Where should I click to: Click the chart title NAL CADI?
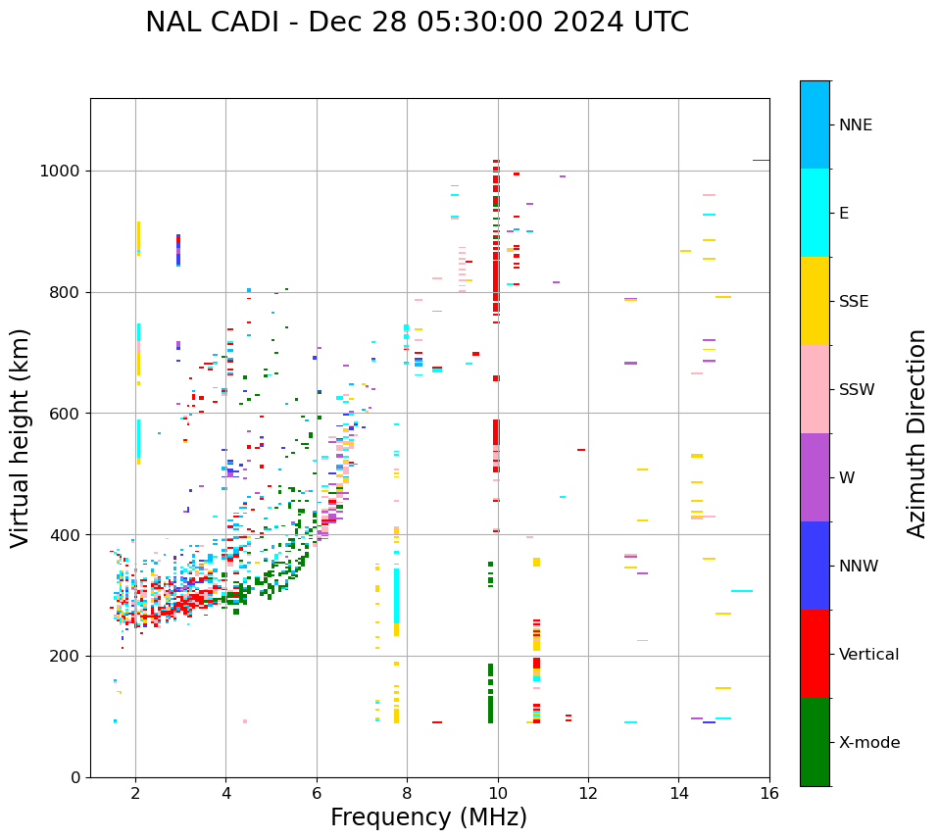pyautogui.click(x=417, y=23)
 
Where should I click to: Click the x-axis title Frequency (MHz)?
pyautogui.click(x=428, y=817)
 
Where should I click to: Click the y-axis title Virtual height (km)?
pyautogui.click(x=21, y=438)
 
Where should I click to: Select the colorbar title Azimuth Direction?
pyautogui.click(x=916, y=433)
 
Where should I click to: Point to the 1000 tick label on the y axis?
pyautogui.click(x=59, y=171)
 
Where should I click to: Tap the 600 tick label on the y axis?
pyautogui.click(x=64, y=414)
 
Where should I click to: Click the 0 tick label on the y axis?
pyautogui.click(x=74, y=777)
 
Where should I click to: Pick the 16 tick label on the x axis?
pyautogui.click(x=768, y=794)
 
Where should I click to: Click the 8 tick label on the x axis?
pyautogui.click(x=407, y=794)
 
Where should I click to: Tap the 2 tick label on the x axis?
pyautogui.click(x=135, y=794)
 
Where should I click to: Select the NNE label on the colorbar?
pyautogui.click(x=855, y=125)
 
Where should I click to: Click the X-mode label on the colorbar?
pyautogui.click(x=869, y=743)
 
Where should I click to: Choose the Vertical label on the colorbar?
pyautogui.click(x=868, y=655)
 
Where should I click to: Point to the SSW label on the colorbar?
pyautogui.click(x=857, y=390)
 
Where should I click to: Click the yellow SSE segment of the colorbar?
pyautogui.click(x=815, y=301)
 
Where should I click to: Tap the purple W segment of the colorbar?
pyautogui.click(x=815, y=477)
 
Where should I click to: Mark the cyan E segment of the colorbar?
pyautogui.click(x=815, y=213)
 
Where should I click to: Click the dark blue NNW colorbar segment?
pyautogui.click(x=815, y=566)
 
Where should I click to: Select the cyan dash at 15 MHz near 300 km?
pyautogui.click(x=741, y=591)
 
